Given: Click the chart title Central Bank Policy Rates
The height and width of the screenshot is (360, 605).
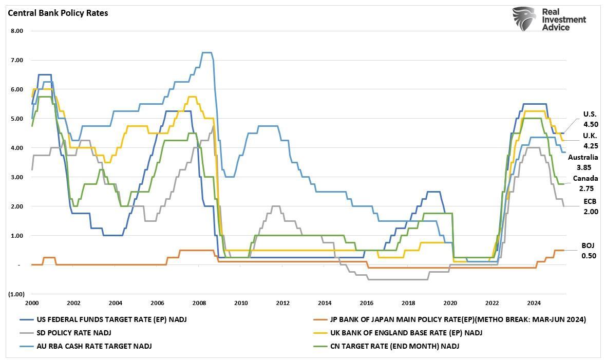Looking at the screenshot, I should [58, 13].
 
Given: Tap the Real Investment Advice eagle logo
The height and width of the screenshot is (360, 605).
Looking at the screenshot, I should [524, 19].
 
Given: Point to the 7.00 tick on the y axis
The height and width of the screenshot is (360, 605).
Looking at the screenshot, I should [17, 60].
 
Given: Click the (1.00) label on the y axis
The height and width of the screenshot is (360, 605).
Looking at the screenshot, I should [16, 294].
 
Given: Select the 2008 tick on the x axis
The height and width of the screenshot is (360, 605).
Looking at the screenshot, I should [199, 303].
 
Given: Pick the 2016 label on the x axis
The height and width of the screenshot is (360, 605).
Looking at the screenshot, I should [366, 303].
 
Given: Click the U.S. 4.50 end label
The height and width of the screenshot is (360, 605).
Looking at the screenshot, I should [590, 119].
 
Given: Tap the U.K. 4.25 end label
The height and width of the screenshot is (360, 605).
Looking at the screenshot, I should [590, 141].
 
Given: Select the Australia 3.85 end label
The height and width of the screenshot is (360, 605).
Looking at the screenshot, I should [583, 162].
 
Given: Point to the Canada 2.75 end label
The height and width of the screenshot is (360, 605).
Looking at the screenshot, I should [585, 183].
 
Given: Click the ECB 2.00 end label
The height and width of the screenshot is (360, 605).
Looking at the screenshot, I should [590, 206].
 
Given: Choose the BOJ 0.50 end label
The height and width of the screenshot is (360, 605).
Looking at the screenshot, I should [589, 251].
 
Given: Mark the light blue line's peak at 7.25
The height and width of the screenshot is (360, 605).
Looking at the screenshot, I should [206, 52].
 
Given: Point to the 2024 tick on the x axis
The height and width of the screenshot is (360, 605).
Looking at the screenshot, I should [534, 303].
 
